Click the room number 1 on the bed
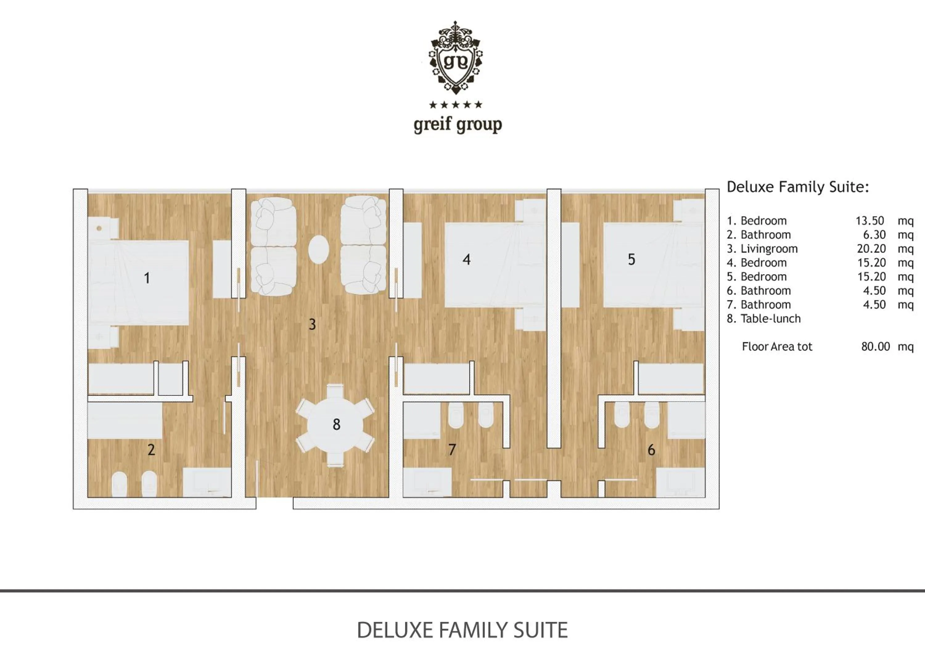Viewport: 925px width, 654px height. [147, 278]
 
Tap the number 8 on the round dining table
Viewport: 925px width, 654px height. [336, 424]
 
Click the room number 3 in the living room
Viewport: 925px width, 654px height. [312, 324]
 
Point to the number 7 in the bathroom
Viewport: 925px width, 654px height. [452, 449]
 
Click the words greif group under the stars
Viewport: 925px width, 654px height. [458, 125]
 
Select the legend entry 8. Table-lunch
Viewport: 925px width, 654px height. [763, 319]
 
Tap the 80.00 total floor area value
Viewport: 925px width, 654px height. [875, 346]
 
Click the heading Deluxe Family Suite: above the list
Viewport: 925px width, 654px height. [798, 187]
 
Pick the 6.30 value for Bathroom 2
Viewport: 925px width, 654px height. [874, 235]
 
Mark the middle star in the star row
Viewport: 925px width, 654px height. [456, 105]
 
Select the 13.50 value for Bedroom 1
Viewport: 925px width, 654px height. [870, 221]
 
